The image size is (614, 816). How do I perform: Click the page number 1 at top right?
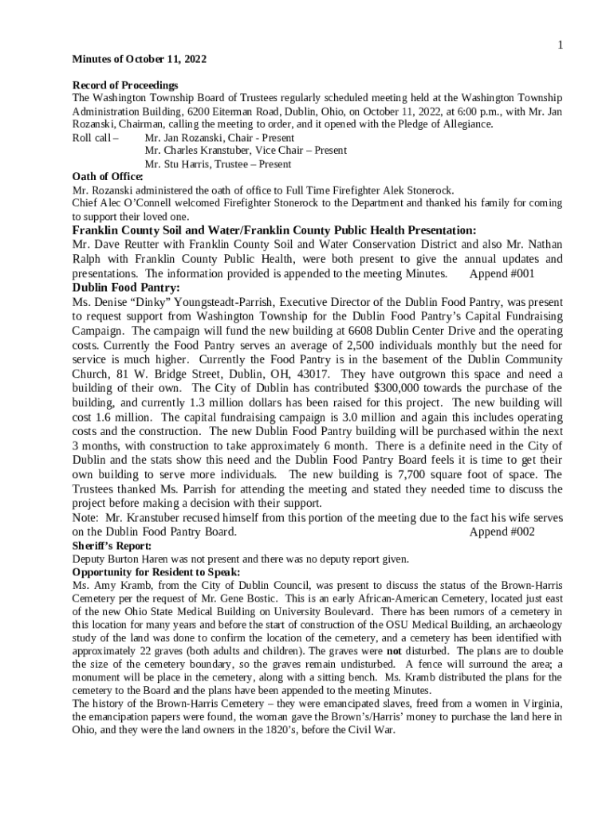point(560,45)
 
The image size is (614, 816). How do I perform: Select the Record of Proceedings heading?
point(125,85)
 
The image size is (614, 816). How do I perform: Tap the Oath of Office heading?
point(108,177)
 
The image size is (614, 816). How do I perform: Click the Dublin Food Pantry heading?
point(126,288)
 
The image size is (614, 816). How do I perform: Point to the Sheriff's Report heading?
point(112,546)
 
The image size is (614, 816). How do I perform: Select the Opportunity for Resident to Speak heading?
point(156,572)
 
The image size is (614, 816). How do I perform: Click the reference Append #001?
point(502,273)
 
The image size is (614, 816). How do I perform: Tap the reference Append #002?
point(502,532)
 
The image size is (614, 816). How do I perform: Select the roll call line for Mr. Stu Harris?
point(218,164)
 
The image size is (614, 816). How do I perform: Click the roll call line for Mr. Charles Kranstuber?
point(246,151)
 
